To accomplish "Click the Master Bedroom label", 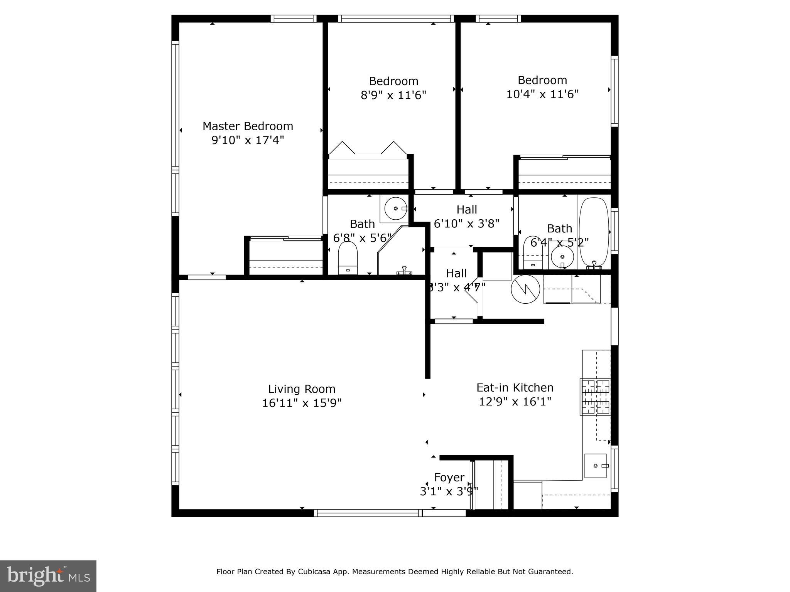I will [248, 126].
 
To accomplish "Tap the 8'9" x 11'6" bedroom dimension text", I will [393, 95].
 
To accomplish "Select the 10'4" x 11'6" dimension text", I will [542, 94].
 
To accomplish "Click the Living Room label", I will [302, 389].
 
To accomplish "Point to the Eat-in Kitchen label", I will [515, 387].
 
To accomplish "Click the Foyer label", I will [449, 478].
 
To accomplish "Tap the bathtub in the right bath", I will [594, 231].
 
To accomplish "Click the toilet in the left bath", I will [348, 259].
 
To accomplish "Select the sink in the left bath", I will [395, 208].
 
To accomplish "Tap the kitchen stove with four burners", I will [595, 397].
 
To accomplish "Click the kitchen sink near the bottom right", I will [596, 466].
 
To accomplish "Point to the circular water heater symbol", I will [525, 289].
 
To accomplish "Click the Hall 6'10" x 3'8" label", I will [467, 216].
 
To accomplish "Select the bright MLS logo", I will [48, 576].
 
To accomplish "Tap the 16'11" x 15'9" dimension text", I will [302, 403].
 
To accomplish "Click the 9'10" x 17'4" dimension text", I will [248, 140].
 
